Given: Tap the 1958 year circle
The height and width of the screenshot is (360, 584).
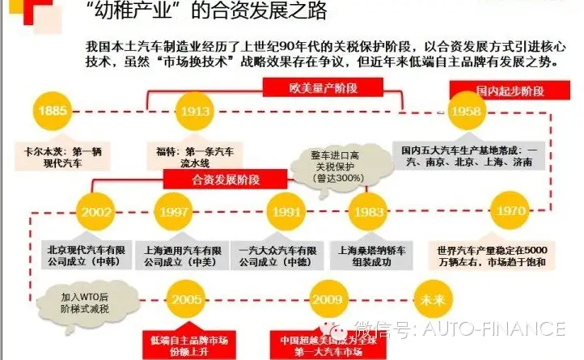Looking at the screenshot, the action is (x=468, y=111).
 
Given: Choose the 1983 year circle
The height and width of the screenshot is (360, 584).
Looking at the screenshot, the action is (x=370, y=212).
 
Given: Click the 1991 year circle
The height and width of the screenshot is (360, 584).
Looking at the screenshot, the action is (x=286, y=212).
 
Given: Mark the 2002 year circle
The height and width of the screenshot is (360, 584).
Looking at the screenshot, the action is (x=96, y=212).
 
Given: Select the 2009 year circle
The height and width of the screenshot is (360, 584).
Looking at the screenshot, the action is (x=328, y=299).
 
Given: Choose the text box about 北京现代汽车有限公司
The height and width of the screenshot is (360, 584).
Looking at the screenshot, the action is (x=91, y=256).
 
